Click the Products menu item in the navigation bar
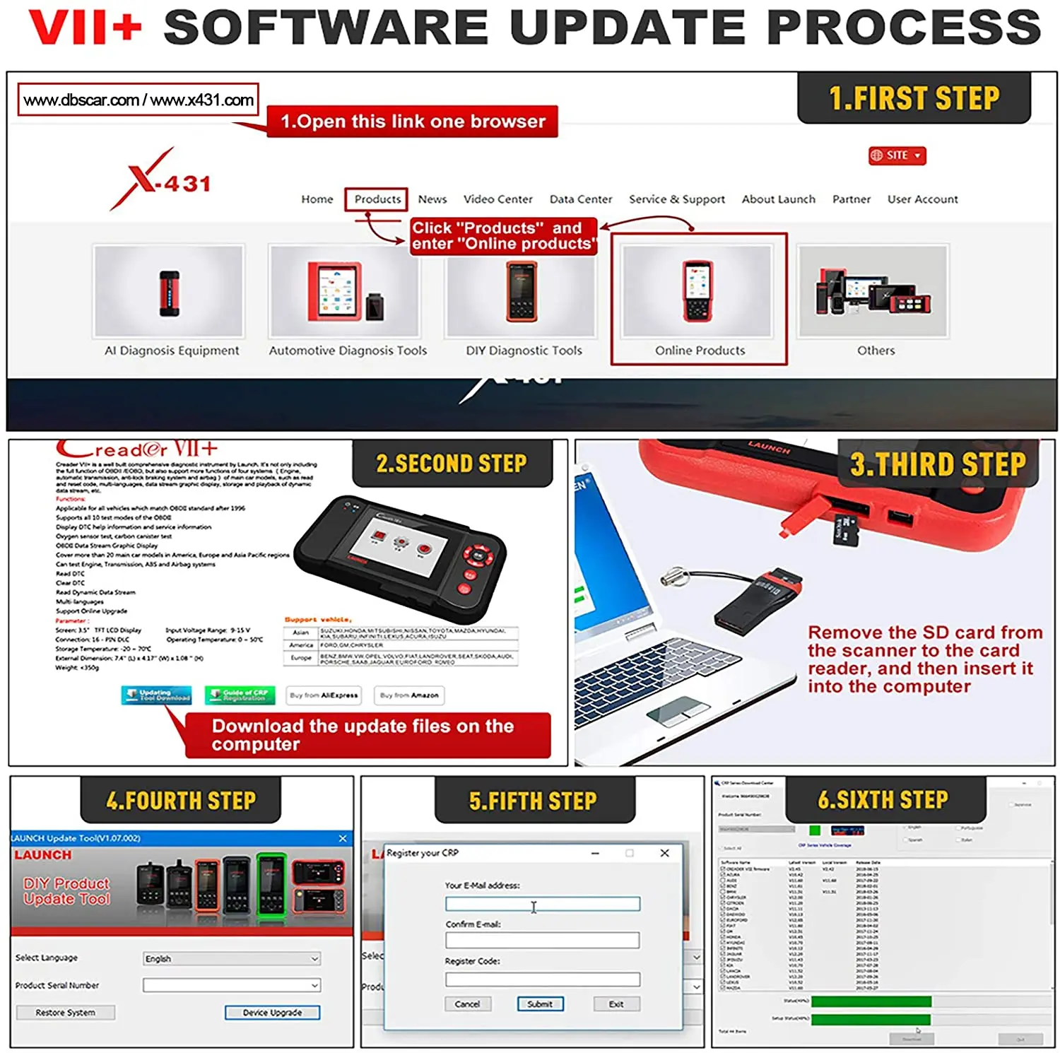pyautogui.click(x=377, y=199)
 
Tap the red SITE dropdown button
pyautogui.click(x=897, y=155)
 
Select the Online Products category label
pyautogui.click(x=700, y=351)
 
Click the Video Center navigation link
pyautogui.click(x=497, y=199)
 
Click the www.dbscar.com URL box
pyautogui.click(x=139, y=100)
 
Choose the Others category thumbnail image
pyautogui.click(x=873, y=291)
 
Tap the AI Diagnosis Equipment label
pyautogui.click(x=172, y=351)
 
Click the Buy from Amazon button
pyautogui.click(x=409, y=695)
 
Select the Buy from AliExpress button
pyautogui.click(x=324, y=695)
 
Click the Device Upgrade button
pyautogui.click(x=272, y=1013)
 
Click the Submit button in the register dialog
pyautogui.click(x=540, y=1004)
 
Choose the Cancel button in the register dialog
pyautogui.click(x=467, y=1004)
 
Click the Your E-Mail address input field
pyautogui.click(x=543, y=904)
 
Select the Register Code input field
pyautogui.click(x=543, y=980)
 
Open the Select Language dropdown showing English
pyautogui.click(x=232, y=959)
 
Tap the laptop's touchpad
pyautogui.click(x=678, y=710)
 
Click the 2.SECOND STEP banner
pyautogui.click(x=452, y=464)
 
